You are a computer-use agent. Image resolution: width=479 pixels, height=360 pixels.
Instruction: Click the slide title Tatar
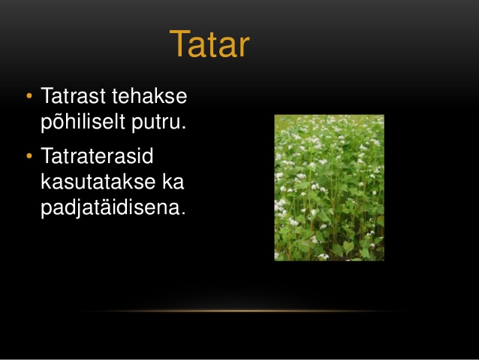(209, 44)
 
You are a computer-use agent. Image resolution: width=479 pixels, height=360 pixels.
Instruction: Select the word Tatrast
(74, 95)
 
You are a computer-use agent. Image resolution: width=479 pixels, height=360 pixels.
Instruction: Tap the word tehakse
(149, 95)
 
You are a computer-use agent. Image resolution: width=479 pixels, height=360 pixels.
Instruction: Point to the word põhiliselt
(83, 123)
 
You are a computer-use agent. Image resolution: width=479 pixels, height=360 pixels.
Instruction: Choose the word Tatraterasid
(97, 156)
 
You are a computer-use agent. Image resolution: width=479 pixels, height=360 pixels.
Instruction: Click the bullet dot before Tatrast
(29, 95)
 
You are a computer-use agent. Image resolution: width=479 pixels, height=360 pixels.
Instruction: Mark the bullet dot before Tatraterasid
(29, 156)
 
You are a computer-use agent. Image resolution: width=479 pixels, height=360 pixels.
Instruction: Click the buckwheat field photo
(330, 188)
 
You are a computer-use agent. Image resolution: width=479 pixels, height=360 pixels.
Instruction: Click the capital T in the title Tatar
(179, 44)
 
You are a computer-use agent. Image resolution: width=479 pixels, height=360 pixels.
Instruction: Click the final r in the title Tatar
(245, 47)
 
